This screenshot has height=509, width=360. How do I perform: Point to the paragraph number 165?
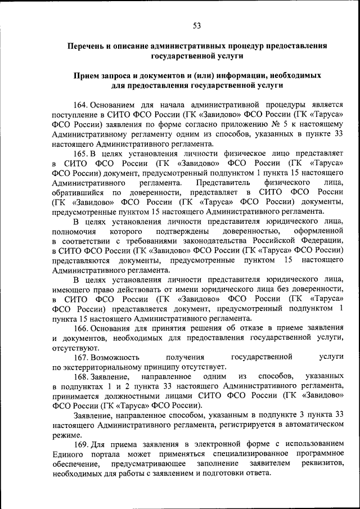coord(81,153)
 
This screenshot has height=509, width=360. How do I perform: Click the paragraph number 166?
coord(81,327)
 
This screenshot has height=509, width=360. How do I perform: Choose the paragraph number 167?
coord(81,357)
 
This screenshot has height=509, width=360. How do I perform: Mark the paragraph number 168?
coord(81,376)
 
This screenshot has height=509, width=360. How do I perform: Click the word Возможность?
coord(115,357)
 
